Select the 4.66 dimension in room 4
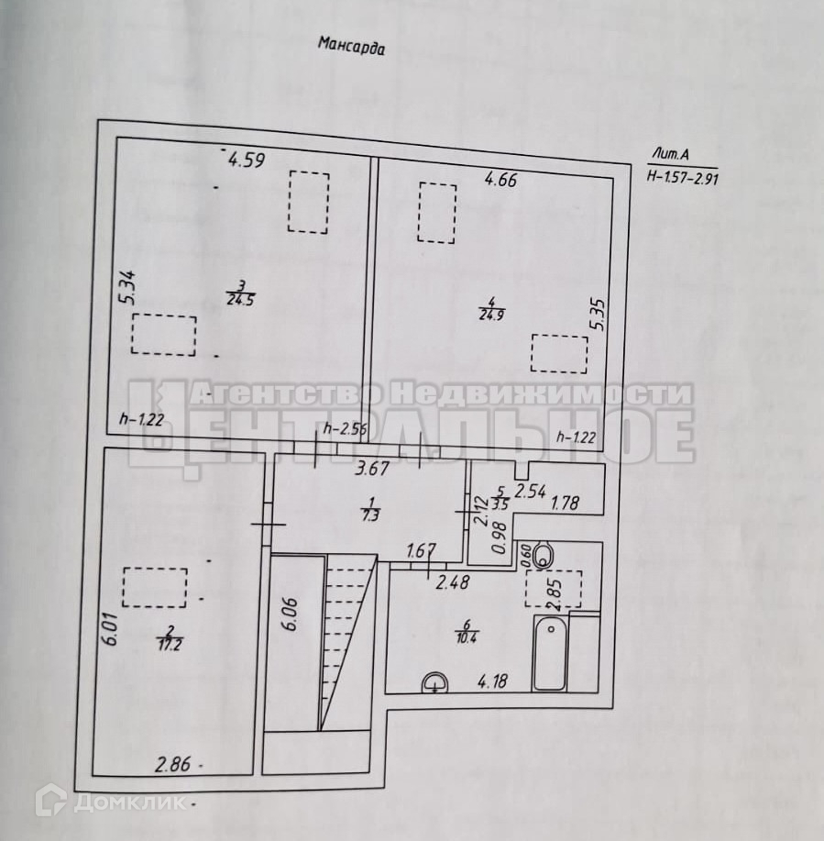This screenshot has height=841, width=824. (x=501, y=180)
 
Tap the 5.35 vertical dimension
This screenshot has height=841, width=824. (x=598, y=315)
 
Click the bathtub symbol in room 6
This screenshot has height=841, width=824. (x=550, y=653)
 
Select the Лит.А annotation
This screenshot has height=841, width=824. (x=666, y=153)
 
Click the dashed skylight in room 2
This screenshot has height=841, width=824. (x=155, y=588)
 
